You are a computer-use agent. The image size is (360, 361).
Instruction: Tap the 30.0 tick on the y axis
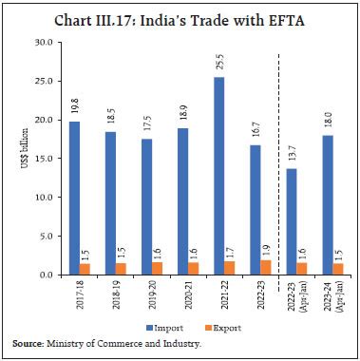coord(41,43)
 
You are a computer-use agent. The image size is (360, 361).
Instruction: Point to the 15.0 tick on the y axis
coord(41,160)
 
